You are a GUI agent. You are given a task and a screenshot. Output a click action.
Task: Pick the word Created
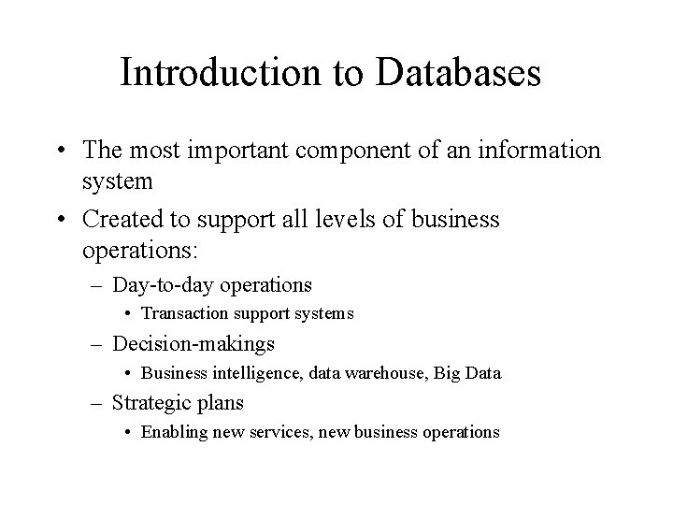coord(121,220)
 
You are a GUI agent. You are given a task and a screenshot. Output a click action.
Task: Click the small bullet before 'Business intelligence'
coord(130,374)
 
